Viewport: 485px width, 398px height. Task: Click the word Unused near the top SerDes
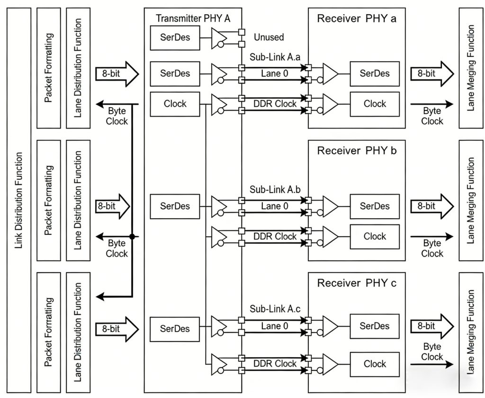coord(269,37)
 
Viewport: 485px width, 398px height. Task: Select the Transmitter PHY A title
coord(193,19)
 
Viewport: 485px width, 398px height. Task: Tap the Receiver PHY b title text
coord(357,151)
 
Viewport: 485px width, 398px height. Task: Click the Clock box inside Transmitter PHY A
coord(175,104)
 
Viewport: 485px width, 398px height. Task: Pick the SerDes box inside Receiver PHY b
coord(375,206)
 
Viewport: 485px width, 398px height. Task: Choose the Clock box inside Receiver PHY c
coord(375,364)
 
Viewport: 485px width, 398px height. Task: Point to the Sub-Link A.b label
coord(274,190)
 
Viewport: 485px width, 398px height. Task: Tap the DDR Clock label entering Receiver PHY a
coord(275,104)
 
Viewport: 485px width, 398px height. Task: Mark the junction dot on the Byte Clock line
coord(133,236)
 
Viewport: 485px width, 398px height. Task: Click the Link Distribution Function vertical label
coord(19,200)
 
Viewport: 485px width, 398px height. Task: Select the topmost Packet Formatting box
coord(48,68)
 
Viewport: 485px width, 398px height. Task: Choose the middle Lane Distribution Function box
coord(79,200)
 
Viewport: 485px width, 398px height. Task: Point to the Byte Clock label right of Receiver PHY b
coord(432,248)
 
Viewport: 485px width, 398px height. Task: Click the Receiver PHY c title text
coord(357,284)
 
